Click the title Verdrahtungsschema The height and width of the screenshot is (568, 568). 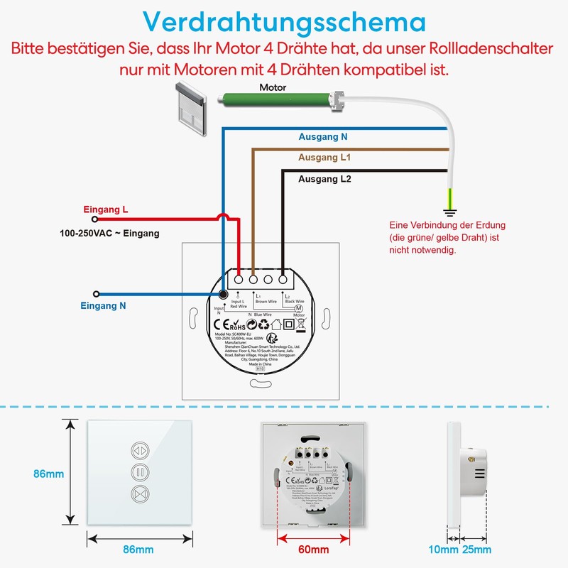[x=284, y=21]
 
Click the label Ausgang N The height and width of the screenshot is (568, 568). [x=322, y=136]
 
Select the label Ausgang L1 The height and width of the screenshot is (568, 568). [x=325, y=158]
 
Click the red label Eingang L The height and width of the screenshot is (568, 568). [x=106, y=210]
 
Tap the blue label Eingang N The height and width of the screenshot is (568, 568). [x=103, y=306]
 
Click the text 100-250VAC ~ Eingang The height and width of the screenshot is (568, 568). [x=109, y=233]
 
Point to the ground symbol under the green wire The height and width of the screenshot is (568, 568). [x=449, y=211]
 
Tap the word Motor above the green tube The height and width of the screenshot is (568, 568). [x=273, y=87]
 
